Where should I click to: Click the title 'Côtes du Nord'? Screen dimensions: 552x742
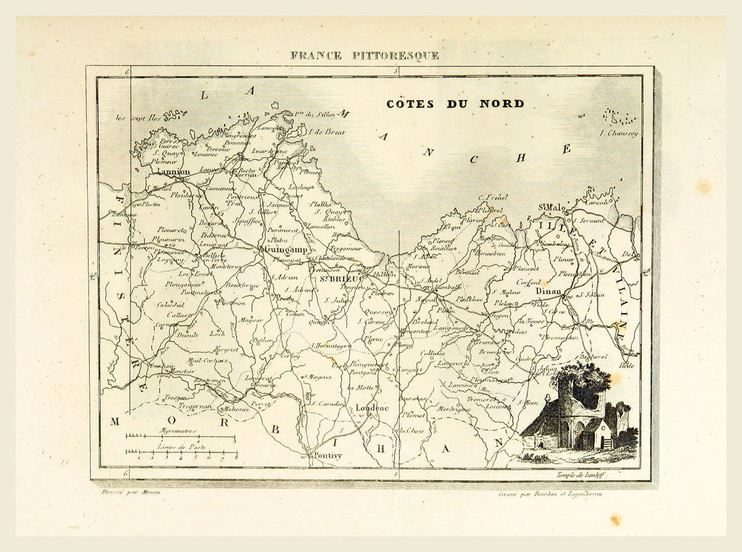(455, 104)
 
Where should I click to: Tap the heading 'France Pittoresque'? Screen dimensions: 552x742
(364, 55)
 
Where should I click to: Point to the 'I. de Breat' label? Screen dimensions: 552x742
(327, 132)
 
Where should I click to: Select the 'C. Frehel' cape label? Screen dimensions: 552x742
(493, 196)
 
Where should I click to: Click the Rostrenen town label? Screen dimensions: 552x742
(210, 380)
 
